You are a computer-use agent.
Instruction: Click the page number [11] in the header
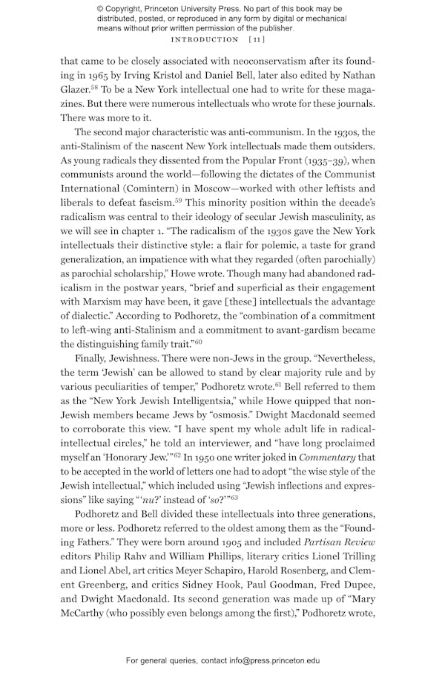pyautogui.click(x=257, y=39)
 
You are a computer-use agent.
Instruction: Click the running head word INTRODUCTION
pyautogui.click(x=205, y=39)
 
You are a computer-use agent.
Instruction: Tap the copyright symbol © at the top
pyautogui.click(x=100, y=9)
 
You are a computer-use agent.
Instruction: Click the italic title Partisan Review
pyautogui.click(x=342, y=542)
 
